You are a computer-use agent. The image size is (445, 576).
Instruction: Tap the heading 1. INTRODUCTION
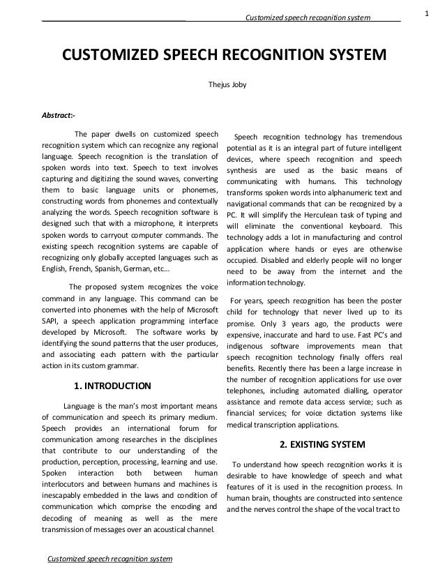pyautogui.click(x=112, y=384)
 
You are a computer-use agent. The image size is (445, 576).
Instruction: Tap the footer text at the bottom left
pyautogui.click(x=108, y=560)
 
